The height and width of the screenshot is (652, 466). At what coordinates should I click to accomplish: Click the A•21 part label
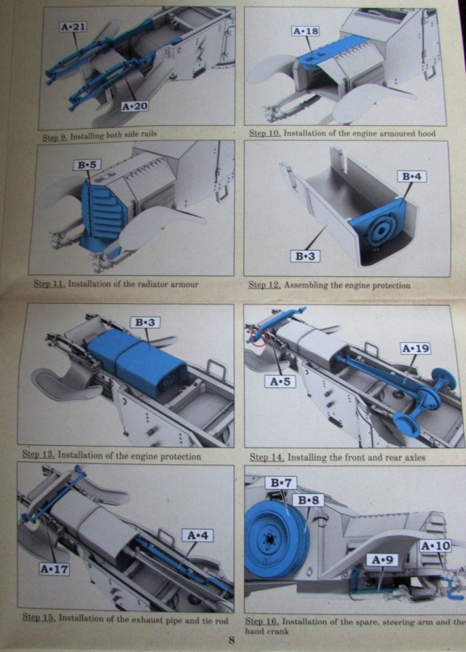[x=74, y=27]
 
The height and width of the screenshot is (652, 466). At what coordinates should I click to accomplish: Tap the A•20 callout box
[x=134, y=106]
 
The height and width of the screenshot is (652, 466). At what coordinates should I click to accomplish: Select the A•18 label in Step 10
[x=305, y=31]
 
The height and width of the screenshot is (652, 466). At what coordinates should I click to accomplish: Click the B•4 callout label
[x=411, y=176]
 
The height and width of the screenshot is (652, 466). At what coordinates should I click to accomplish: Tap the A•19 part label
[x=416, y=349]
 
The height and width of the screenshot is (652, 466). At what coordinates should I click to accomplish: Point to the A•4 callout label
[x=200, y=536]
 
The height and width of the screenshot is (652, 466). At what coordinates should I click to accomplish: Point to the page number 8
[x=231, y=640]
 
